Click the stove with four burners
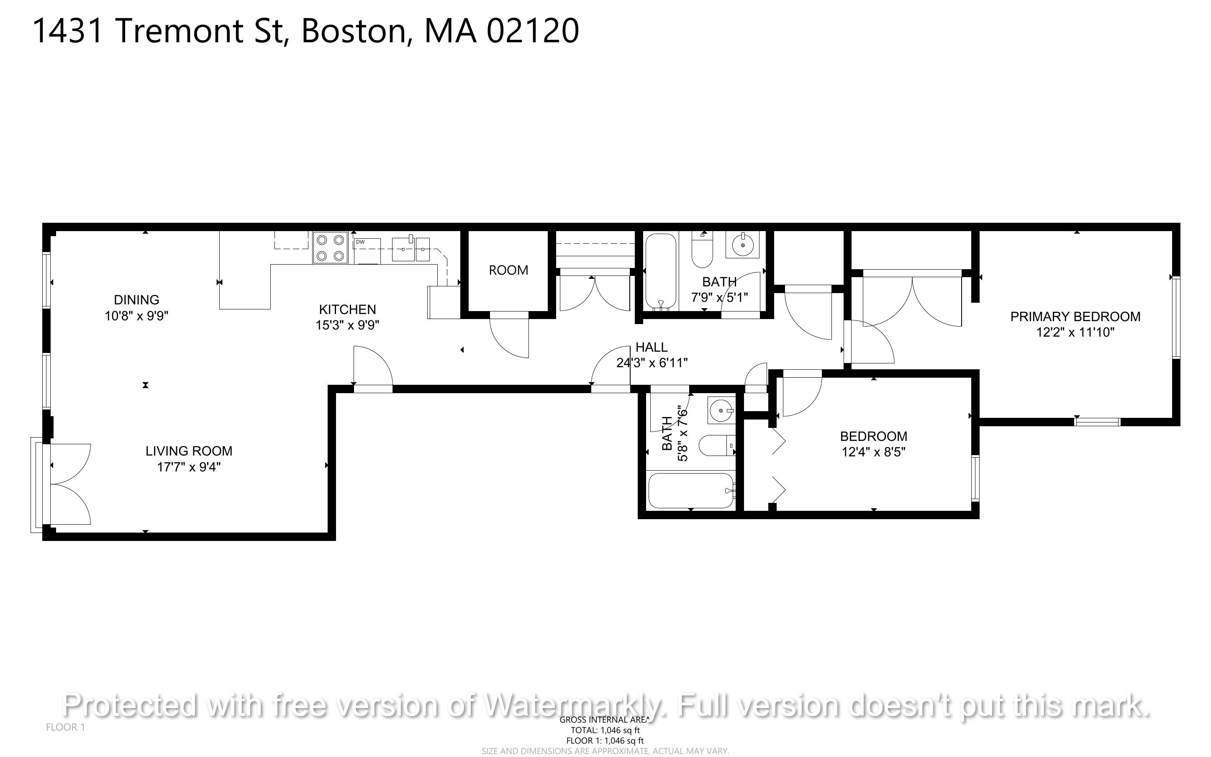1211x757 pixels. [330, 247]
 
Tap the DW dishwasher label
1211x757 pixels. [360, 242]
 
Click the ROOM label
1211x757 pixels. [508, 270]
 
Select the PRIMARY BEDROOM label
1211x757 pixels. [1075, 317]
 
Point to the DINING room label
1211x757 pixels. [136, 300]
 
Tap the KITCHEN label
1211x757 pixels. [347, 309]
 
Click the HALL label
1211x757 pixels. [651, 347]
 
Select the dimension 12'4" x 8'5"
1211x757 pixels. [873, 452]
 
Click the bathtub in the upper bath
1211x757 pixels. [661, 271]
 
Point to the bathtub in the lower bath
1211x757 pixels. [691, 490]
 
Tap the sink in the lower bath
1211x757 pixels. [721, 411]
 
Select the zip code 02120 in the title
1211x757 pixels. [533, 31]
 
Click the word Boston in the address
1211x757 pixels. [353, 31]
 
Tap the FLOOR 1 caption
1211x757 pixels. [66, 727]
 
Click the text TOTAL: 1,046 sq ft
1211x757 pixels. [605, 730]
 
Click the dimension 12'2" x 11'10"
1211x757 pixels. [1075, 332]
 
